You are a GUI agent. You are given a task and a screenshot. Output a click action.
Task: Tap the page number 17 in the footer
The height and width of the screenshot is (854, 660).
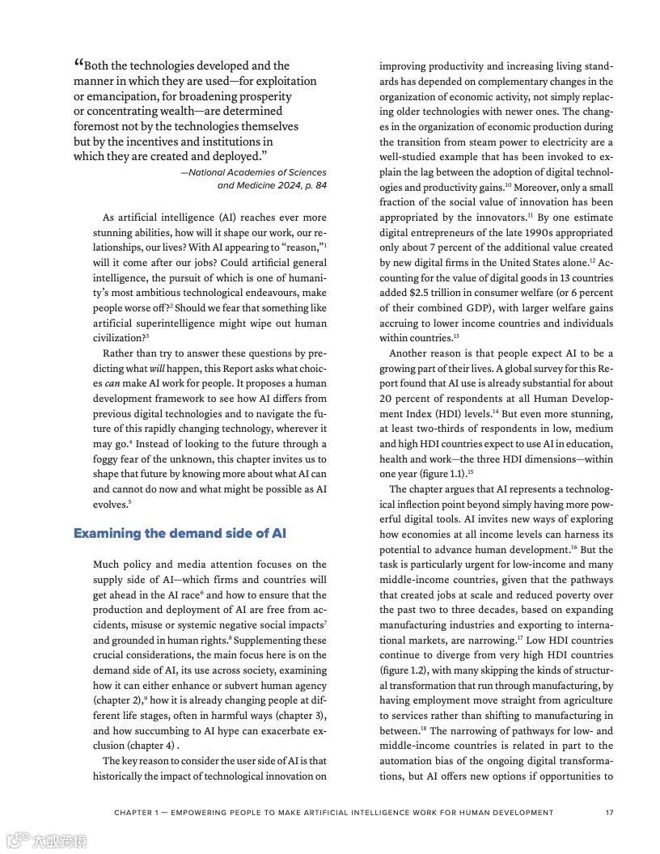609,813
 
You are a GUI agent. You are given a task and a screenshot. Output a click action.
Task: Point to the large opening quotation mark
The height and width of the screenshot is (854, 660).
78,64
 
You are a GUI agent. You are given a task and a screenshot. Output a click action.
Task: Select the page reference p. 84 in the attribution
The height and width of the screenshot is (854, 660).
312,185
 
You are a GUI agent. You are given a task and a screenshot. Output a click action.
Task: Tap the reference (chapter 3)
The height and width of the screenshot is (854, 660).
299,716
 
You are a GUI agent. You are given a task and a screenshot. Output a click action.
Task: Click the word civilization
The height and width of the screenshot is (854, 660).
118,339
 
